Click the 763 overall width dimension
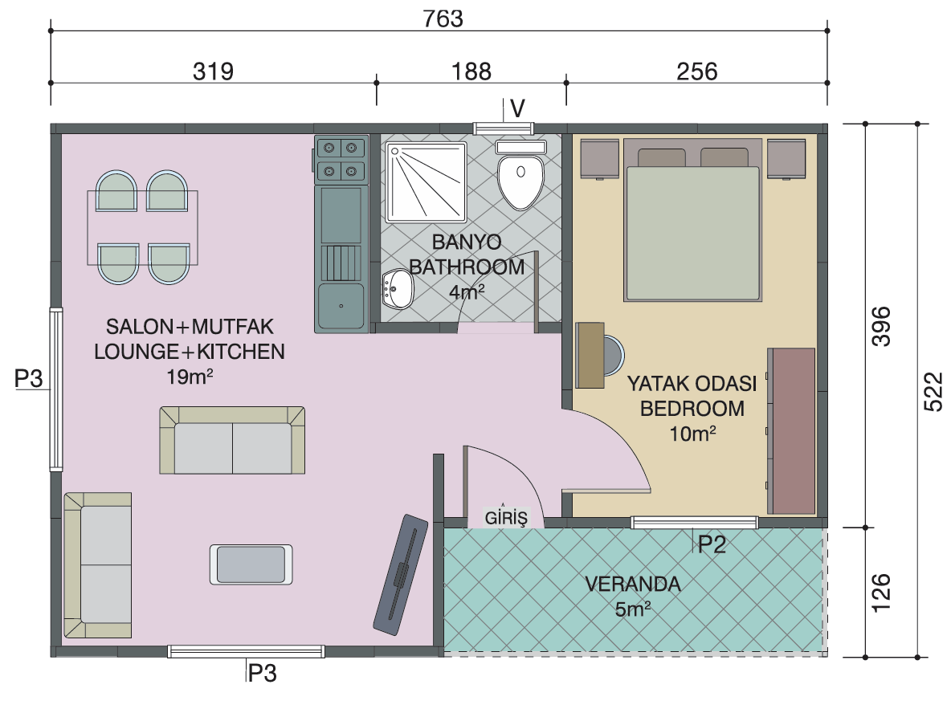[x=443, y=18]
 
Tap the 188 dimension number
[x=471, y=71]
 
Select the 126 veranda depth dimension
[x=880, y=593]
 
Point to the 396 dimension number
[x=880, y=326]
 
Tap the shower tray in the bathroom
[x=427, y=182]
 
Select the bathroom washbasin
[x=398, y=289]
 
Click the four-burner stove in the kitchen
[x=341, y=160]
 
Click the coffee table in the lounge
[x=251, y=564]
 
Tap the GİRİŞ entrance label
[x=506, y=517]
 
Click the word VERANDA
[x=633, y=584]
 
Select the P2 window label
[x=712, y=544]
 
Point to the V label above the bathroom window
[x=517, y=108]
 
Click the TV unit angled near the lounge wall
[x=400, y=574]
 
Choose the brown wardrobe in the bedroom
[x=791, y=431]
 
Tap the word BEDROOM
[x=692, y=409]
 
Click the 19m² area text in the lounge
[x=190, y=377]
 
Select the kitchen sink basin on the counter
[x=341, y=306]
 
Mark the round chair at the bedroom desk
[x=613, y=355]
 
